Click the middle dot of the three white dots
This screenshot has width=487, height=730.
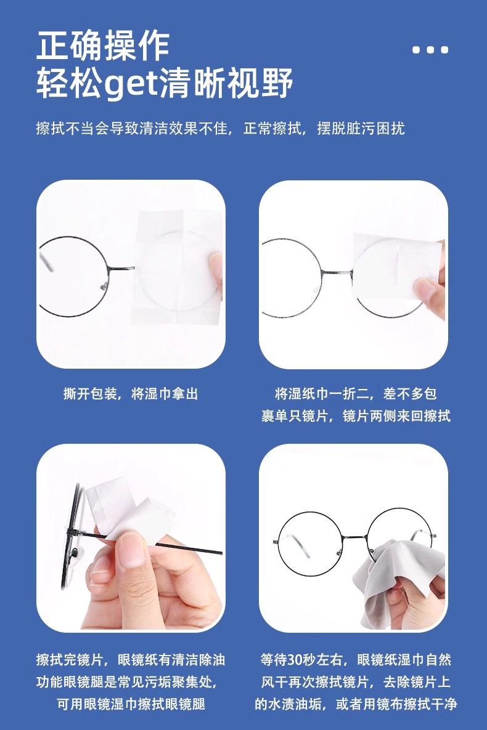[x=430, y=49]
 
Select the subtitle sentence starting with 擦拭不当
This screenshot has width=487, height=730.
[x=220, y=128]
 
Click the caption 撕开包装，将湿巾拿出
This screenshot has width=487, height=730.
[x=131, y=394]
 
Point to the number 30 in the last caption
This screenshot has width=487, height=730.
[x=295, y=660]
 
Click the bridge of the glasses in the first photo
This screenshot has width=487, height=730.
[x=121, y=268]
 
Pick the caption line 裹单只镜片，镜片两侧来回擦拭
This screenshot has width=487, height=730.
[x=356, y=415]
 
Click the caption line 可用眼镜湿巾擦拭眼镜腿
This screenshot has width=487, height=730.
[x=131, y=704]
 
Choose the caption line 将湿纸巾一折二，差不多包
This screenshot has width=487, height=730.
[x=356, y=394]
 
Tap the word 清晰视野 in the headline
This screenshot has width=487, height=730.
[x=227, y=84]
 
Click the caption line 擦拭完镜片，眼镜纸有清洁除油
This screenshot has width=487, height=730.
[x=131, y=660]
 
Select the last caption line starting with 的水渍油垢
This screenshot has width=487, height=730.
[x=356, y=704]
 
